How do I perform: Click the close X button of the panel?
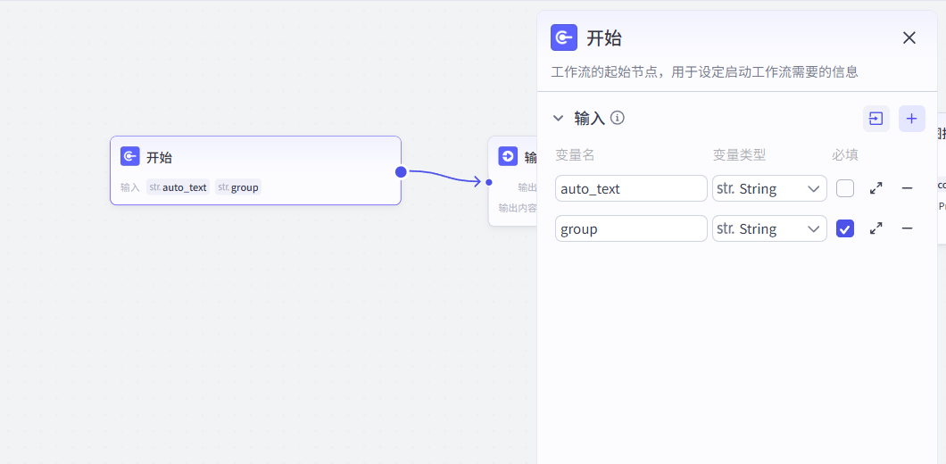(909, 37)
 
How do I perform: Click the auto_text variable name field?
(631, 188)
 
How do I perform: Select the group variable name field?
(631, 228)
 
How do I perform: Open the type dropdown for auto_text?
(769, 188)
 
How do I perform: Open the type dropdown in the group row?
(769, 228)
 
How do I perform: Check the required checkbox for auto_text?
(845, 188)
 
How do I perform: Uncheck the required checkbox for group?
(845, 228)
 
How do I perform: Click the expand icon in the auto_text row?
(876, 188)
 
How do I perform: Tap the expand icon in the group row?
(876, 228)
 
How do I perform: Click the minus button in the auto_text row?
(907, 188)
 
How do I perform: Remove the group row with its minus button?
(907, 228)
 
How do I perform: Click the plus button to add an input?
(911, 119)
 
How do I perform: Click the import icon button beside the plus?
(876, 119)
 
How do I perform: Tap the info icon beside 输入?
(618, 118)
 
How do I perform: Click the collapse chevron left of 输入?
(559, 118)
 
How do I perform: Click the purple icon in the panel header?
(564, 37)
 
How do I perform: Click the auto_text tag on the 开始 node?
(178, 187)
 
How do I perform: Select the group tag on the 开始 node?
(238, 187)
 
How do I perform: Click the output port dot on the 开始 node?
(401, 171)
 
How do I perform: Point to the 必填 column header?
(845, 155)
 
